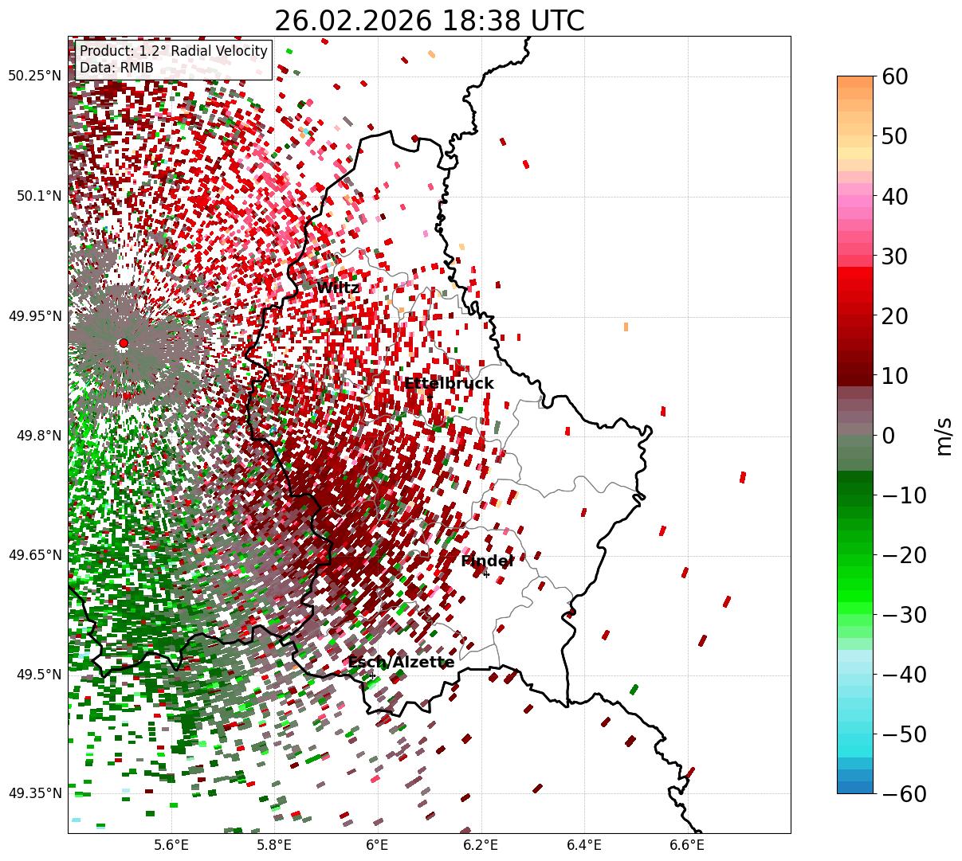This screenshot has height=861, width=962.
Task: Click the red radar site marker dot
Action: (123, 343)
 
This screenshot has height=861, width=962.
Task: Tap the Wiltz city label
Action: (338, 288)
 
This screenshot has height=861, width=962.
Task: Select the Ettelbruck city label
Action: (449, 383)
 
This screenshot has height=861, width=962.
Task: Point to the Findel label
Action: (487, 561)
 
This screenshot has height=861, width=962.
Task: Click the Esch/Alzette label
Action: (401, 662)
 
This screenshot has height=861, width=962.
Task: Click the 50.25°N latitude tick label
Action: (34, 76)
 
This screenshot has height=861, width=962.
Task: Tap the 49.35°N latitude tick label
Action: (34, 793)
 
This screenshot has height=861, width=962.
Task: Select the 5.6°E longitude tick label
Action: (171, 844)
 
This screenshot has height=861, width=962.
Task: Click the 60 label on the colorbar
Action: (896, 76)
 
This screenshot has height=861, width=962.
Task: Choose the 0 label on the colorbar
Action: (888, 436)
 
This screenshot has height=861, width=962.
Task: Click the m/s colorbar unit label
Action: (944, 436)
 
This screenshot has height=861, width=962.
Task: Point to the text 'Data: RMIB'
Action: (116, 68)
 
